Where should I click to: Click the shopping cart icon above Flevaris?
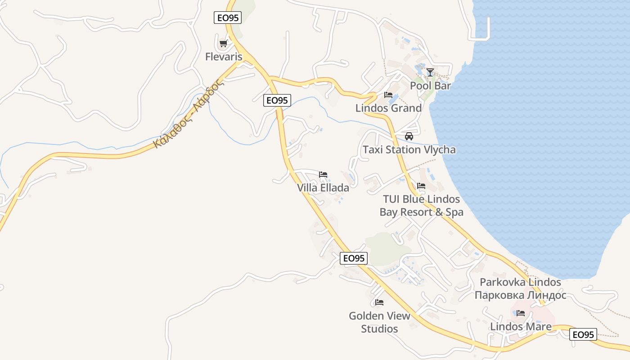(223, 44)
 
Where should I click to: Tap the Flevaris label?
(224, 57)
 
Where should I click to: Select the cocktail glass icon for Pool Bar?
(430, 72)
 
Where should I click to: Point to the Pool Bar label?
(430, 85)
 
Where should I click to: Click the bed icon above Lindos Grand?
(388, 95)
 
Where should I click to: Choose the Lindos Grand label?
(388, 108)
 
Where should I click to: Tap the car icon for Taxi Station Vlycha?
(409, 136)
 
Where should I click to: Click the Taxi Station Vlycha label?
(409, 149)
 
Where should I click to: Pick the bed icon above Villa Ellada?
(323, 175)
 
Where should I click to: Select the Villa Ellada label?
(323, 188)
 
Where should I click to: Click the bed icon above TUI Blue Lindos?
(421, 185)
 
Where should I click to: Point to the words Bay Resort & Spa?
(421, 212)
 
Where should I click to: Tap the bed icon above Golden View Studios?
(379, 302)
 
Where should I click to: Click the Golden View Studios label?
(379, 322)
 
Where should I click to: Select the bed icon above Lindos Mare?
(521, 313)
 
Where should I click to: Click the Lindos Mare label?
(521, 326)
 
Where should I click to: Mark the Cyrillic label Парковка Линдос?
(520, 295)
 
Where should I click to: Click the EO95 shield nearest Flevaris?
(227, 18)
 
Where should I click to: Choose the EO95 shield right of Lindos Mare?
(583, 334)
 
